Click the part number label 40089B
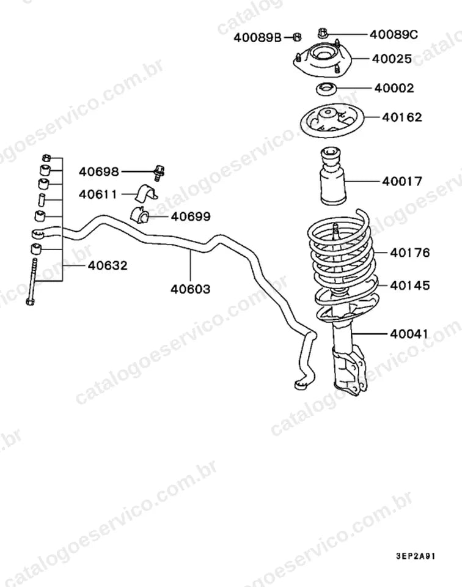click(x=257, y=37)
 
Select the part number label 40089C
click(x=394, y=34)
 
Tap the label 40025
click(x=392, y=59)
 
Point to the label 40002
click(x=394, y=88)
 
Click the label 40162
click(x=402, y=117)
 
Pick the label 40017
click(x=402, y=181)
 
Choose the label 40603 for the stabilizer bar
click(x=191, y=289)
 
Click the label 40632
click(x=108, y=265)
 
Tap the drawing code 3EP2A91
click(x=416, y=556)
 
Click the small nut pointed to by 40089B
click(x=297, y=37)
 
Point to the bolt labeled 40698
click(x=159, y=173)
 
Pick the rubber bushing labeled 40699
click(x=140, y=214)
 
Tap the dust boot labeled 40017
click(x=332, y=176)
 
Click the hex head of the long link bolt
click(x=31, y=301)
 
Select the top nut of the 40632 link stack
click(x=46, y=158)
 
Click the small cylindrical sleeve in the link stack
click(x=42, y=199)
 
